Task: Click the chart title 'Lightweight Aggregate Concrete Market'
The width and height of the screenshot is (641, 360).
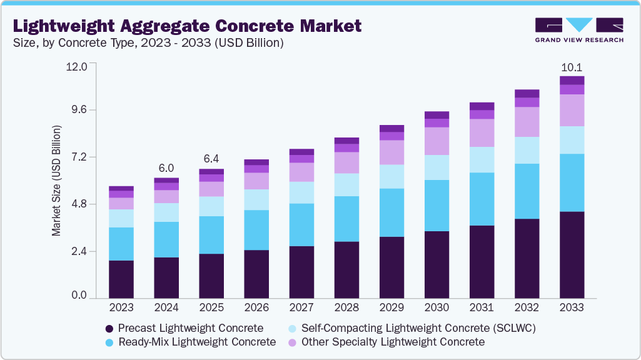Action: (187, 26)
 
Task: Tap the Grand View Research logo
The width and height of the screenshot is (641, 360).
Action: (578, 30)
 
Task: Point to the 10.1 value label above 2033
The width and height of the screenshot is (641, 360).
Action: (572, 67)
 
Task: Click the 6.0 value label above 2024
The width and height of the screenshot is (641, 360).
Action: (166, 168)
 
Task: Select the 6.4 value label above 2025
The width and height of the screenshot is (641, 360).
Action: (211, 158)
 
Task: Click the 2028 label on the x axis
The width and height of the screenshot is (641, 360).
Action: (346, 308)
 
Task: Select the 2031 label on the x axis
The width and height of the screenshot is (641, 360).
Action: (482, 308)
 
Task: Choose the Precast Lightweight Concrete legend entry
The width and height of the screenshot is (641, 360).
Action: (184, 328)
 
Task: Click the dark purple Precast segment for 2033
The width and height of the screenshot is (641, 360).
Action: (572, 254)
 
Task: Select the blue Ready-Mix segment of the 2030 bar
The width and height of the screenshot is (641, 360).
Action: (437, 206)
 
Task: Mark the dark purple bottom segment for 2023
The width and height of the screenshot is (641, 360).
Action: (121, 279)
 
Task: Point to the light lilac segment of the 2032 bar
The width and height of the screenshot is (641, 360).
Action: (527, 122)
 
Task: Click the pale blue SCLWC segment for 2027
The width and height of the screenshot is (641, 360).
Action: (301, 192)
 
